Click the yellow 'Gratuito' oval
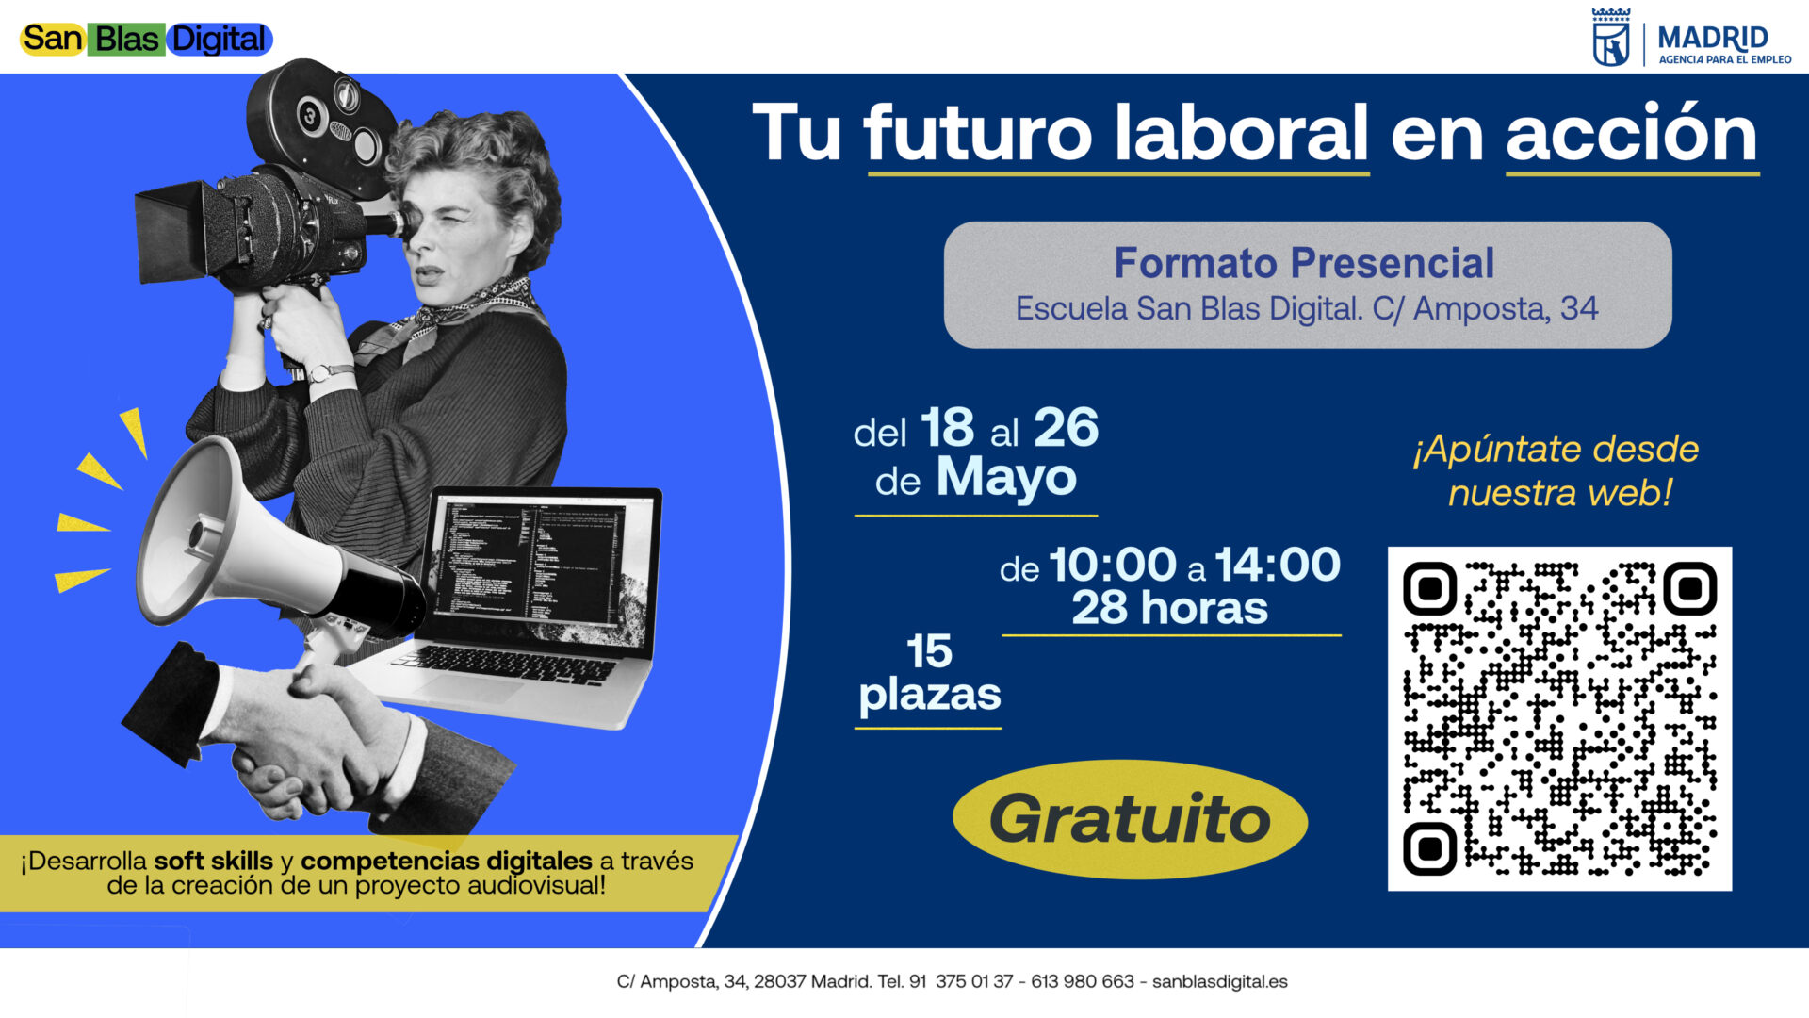1130,819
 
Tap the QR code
1559,718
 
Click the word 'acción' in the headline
1632,133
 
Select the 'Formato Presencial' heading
1304,263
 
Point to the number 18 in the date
947,428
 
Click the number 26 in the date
1066,428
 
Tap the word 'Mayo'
1005,478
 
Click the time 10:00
1113,565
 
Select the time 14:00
1278,565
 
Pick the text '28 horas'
1169,608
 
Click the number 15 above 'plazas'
929,651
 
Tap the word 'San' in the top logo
53,39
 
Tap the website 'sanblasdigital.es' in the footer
1219,982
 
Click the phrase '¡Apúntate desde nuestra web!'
1556,471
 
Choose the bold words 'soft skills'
214,861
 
